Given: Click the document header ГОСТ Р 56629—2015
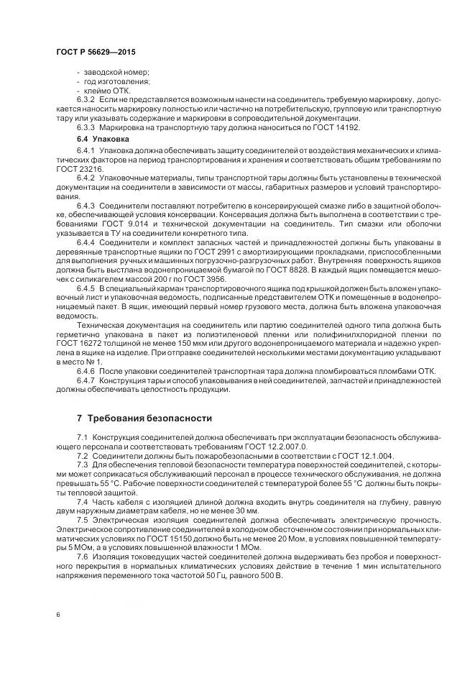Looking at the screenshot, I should click(x=95, y=52).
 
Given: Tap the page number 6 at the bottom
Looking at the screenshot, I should click(x=57, y=615).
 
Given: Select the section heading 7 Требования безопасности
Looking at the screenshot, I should click(x=144, y=418).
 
